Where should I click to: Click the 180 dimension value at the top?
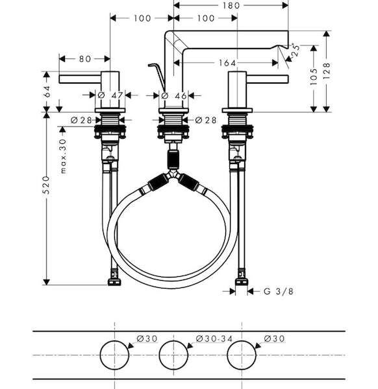point(231,5)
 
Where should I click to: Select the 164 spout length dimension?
point(227,63)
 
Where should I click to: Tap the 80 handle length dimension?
point(85,59)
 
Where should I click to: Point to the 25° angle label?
point(296,51)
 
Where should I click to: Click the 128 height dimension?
point(327,71)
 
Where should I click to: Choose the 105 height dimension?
point(314,77)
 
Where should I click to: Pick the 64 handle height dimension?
point(47,91)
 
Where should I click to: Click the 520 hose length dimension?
point(46,185)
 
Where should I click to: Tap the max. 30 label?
point(64,156)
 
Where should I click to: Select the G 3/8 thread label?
point(279,291)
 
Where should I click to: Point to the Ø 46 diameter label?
point(174,95)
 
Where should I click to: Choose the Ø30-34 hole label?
point(214,338)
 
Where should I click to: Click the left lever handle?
point(79,79)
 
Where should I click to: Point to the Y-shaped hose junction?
point(173,174)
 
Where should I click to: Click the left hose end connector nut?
point(114,282)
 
